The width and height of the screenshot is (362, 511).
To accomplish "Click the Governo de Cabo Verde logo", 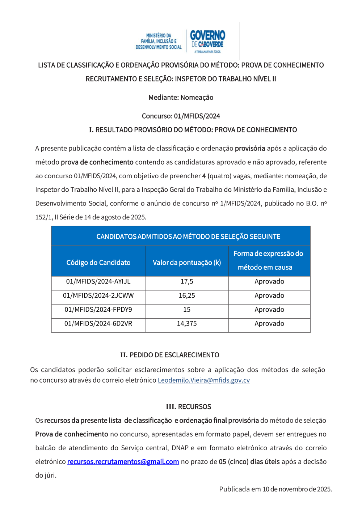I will pos(207,41).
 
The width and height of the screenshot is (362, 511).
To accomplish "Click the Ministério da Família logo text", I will pos(159,41).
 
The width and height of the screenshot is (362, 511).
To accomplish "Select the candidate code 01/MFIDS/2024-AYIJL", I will pos(98,281).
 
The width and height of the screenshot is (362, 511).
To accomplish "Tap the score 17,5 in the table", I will pos(187,281).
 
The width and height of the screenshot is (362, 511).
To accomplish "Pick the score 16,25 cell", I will pos(187,295).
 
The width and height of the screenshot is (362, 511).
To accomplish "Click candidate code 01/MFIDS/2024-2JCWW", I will pos(98,295).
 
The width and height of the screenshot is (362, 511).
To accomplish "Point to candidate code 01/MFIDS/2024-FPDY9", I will pos(98,310).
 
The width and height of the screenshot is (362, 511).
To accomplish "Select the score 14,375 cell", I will pos(187,324).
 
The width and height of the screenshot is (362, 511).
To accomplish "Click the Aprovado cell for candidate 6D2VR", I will pos(269,324).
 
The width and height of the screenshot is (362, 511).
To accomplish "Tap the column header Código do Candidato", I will pos(98,263).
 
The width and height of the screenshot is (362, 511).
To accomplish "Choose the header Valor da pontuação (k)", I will pos(187,263).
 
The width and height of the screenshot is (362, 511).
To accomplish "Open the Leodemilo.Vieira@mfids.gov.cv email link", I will pos(204,380).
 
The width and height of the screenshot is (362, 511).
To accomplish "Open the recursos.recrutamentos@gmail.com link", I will pos(123,462).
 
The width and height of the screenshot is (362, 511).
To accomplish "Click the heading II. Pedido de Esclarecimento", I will pos(170,355).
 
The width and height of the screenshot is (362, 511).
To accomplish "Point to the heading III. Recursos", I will pos(189,406).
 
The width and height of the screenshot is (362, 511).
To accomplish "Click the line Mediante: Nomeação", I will pos(181,97).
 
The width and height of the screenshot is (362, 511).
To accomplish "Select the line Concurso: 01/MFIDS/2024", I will pos(181,116).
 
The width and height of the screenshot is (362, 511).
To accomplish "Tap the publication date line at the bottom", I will pos(275,489).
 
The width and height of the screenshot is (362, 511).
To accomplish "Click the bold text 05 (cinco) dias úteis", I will pos(249,462).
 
